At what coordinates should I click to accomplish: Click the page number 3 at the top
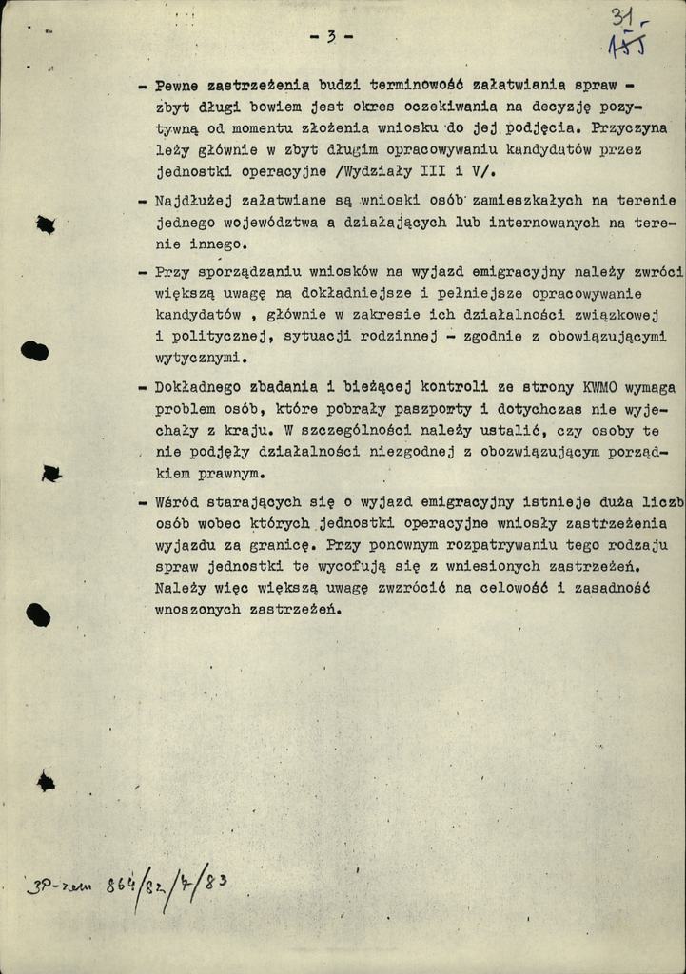pos(331,37)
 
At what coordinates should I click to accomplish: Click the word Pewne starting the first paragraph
pos(176,86)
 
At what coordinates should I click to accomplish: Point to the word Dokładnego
pos(199,388)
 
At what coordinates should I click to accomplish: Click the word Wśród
pos(176,501)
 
